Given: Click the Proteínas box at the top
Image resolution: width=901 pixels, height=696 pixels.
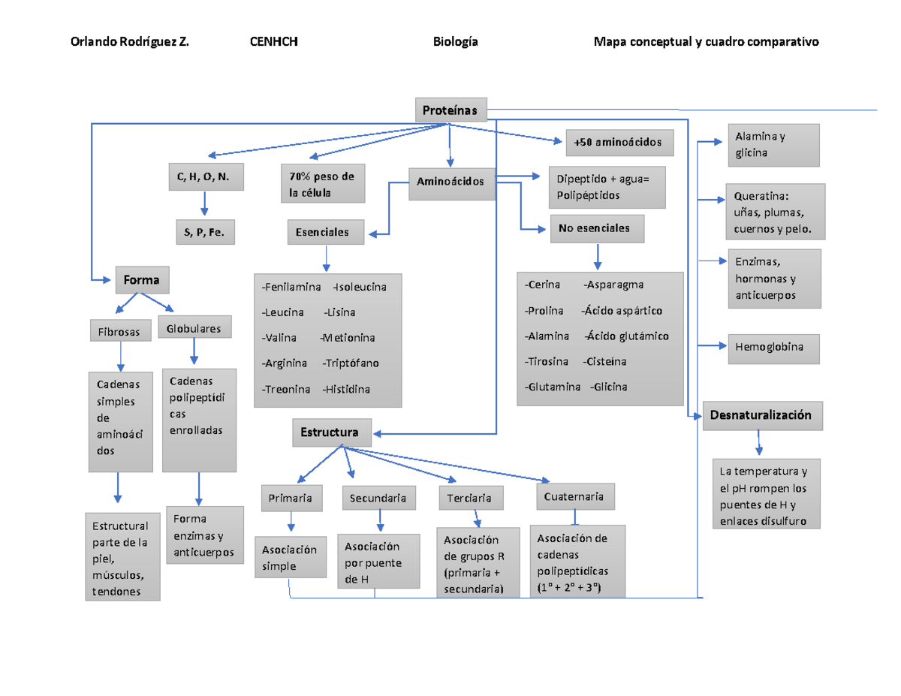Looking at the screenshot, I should [450, 110].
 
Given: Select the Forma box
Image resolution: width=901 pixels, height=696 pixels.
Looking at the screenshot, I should [142, 280].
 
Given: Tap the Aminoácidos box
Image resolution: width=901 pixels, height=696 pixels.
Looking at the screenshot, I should [451, 182].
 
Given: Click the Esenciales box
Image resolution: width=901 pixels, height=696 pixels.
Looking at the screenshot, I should [325, 232].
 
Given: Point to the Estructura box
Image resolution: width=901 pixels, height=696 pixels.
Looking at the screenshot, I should [330, 432].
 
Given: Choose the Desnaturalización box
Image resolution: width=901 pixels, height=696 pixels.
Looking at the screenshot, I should [762, 415].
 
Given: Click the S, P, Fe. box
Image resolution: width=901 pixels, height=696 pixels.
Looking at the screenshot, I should [204, 233].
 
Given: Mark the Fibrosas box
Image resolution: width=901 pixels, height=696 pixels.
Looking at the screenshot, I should [119, 331].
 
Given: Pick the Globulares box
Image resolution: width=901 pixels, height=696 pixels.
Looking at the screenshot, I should [194, 328].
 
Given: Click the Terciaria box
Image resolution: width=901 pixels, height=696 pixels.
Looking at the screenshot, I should [471, 498].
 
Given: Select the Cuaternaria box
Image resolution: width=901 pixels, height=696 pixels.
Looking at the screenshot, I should [575, 496].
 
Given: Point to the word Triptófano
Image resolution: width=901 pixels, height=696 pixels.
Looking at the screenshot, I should [352, 363].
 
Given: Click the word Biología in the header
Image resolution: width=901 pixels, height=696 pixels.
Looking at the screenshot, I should [455, 42].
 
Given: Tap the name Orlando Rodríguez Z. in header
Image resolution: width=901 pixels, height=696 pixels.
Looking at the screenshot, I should [129, 42].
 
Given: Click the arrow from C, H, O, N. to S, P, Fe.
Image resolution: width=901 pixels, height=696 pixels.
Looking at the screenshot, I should [204, 204].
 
